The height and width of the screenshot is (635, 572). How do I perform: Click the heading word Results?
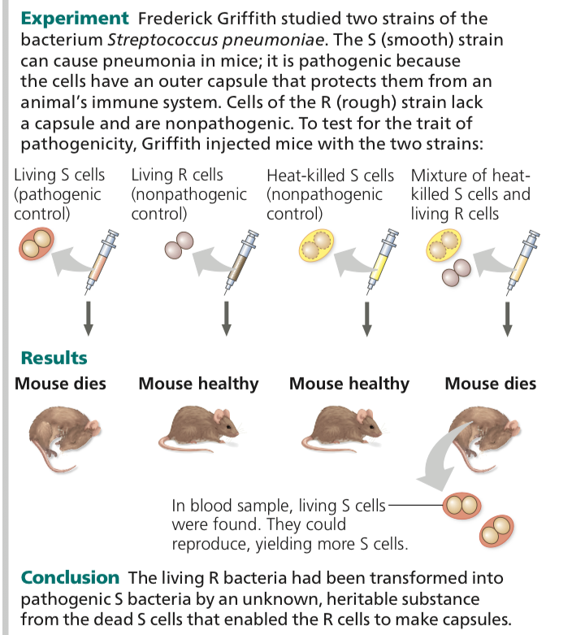(54, 358)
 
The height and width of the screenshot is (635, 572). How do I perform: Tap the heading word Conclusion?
(70, 578)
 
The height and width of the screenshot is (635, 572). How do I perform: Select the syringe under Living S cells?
(102, 259)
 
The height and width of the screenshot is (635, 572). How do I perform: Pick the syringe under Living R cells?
(241, 259)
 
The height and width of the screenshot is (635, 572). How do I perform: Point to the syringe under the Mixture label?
(518, 259)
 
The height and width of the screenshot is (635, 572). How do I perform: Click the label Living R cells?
(177, 176)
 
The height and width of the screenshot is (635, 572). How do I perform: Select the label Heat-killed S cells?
(330, 176)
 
